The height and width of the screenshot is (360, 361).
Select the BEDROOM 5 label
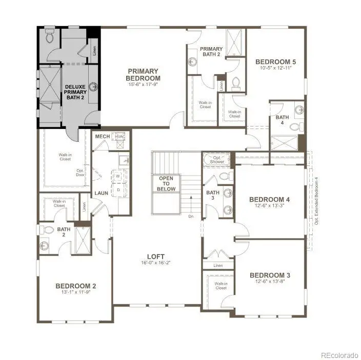276,62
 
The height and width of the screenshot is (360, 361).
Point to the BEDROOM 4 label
270,199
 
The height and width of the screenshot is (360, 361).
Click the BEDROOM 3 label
270,274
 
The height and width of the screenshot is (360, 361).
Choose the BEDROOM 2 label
76,286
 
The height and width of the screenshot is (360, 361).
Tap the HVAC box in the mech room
120,137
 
